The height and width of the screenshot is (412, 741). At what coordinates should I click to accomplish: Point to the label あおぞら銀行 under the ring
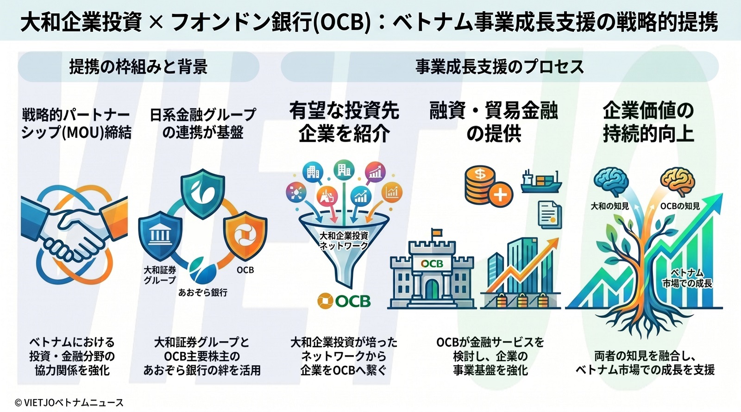coord(203,293)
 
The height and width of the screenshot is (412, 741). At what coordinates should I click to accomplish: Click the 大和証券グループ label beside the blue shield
coord(160,275)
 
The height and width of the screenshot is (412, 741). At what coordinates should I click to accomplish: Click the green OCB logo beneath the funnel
coord(344,301)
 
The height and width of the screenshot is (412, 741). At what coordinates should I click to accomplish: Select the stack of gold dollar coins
coord(482,185)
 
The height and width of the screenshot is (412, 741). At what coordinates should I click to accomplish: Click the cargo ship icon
coord(541,181)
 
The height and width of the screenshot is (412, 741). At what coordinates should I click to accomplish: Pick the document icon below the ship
coord(550,215)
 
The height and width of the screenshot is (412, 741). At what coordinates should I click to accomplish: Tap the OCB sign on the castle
coord(432,263)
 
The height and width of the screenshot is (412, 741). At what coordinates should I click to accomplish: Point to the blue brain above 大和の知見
coord(611,182)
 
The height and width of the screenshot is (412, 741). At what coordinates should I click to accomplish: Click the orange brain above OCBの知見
coord(678,182)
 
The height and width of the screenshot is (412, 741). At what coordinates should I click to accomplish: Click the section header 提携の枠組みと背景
coord(138,67)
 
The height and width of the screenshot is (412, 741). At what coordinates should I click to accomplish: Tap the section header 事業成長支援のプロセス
coord(499,67)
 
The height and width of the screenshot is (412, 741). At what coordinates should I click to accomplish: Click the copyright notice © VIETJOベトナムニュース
coord(69,403)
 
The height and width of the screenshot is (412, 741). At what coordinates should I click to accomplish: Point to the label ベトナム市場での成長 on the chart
coord(687,278)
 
